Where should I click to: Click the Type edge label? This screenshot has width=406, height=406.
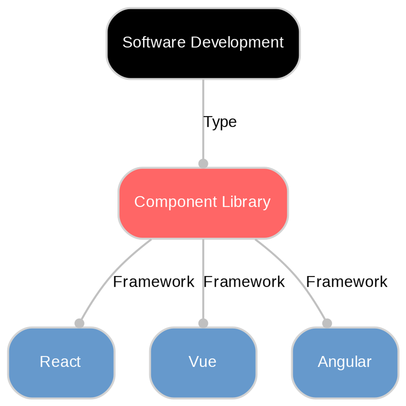(220, 122)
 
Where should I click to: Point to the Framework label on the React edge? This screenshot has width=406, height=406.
(153, 282)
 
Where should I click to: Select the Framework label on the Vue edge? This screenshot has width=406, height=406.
(244, 282)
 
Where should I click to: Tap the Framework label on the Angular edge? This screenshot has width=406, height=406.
(346, 282)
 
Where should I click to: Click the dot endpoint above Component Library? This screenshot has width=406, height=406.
(203, 164)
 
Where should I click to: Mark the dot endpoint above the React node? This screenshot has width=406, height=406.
(79, 323)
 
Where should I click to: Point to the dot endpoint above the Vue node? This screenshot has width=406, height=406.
(203, 323)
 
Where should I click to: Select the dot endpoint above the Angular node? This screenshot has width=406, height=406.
(327, 323)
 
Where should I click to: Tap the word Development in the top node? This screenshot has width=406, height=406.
(237, 42)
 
